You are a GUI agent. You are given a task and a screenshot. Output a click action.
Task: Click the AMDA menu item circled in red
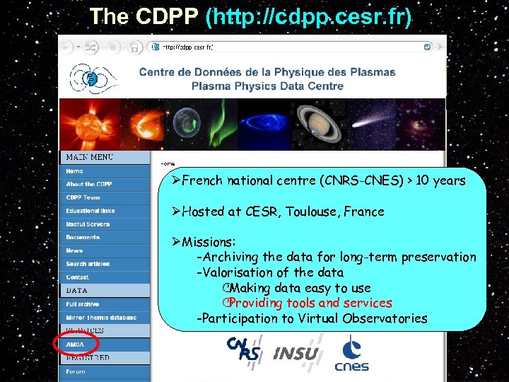click(75, 345)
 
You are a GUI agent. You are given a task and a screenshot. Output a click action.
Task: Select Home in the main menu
click(74, 171)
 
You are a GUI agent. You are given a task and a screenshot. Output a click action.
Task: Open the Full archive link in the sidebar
click(83, 304)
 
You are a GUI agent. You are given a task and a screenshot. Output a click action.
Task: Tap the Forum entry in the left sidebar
click(76, 371)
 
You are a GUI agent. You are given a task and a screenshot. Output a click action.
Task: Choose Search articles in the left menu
click(88, 264)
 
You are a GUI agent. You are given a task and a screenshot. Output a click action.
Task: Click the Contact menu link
click(77, 277)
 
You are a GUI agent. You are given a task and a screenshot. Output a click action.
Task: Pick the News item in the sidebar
click(74, 250)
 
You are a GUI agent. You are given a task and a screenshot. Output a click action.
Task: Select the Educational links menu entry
click(90, 211)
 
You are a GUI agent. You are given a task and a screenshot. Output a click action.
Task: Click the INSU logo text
click(296, 353)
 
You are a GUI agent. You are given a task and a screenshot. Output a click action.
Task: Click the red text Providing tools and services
click(310, 303)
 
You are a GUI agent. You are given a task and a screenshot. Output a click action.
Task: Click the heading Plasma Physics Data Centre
click(267, 86)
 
